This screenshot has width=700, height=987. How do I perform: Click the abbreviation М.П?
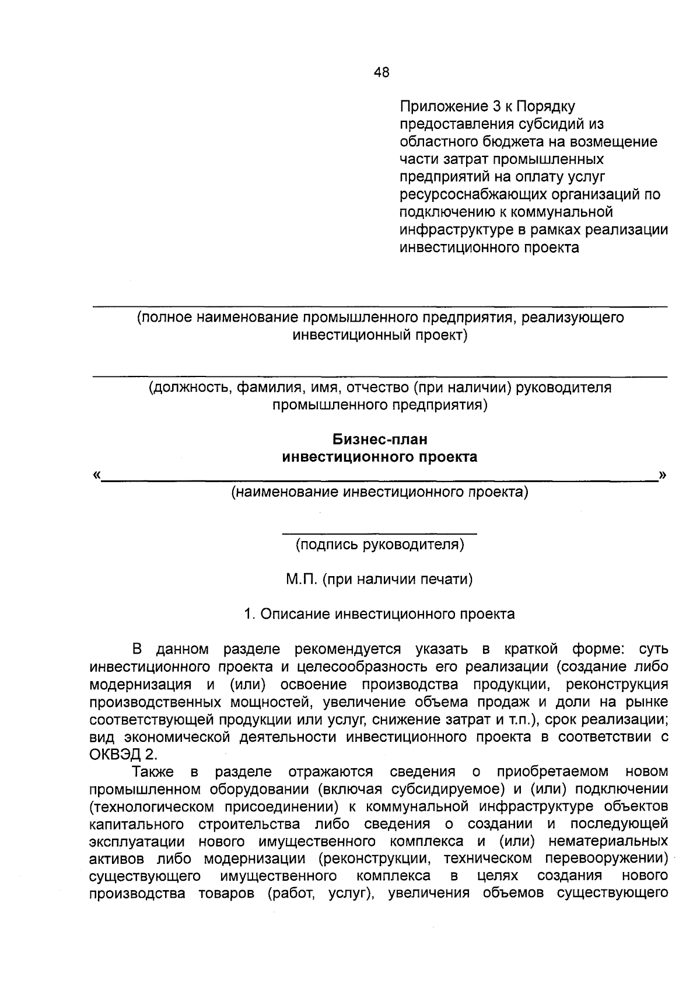301,580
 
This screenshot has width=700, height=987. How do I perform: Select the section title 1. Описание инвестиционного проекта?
380,614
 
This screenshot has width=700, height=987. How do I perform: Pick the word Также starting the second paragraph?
153,772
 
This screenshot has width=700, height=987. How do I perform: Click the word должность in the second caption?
190,388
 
